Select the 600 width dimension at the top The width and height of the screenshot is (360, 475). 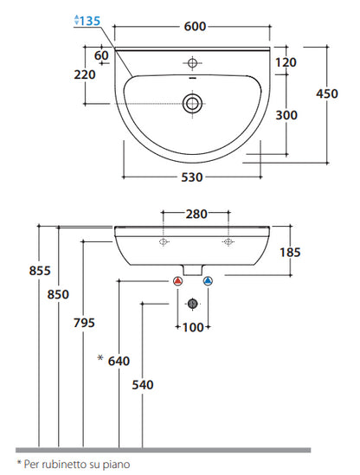[x=196, y=26]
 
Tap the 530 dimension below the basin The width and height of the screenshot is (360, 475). [x=192, y=177]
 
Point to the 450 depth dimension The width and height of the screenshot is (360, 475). [x=327, y=93]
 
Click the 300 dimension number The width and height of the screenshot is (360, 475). [x=286, y=115]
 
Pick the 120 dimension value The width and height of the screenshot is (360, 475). [x=286, y=62]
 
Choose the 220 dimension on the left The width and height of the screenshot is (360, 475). [x=85, y=74]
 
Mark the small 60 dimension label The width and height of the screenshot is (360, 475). [x=101, y=55]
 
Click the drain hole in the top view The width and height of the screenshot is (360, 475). [x=192, y=103]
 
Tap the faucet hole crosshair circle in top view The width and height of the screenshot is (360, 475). [x=192, y=63]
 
